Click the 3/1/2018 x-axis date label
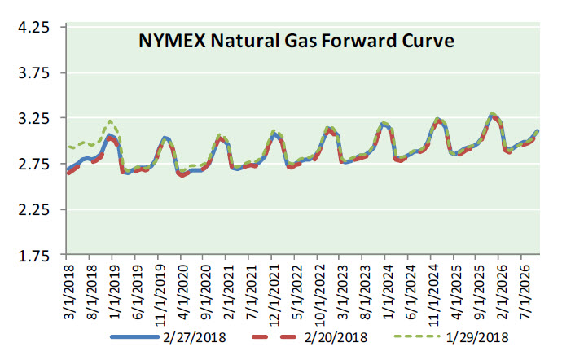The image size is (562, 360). point(68,289)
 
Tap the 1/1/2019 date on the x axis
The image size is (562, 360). point(114,289)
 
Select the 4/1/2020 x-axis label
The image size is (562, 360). point(182,289)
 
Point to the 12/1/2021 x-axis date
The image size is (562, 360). point(273,292)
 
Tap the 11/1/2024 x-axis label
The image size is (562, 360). point(432,292)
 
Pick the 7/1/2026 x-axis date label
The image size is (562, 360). point(522,289)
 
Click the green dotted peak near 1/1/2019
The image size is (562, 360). point(110,121)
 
